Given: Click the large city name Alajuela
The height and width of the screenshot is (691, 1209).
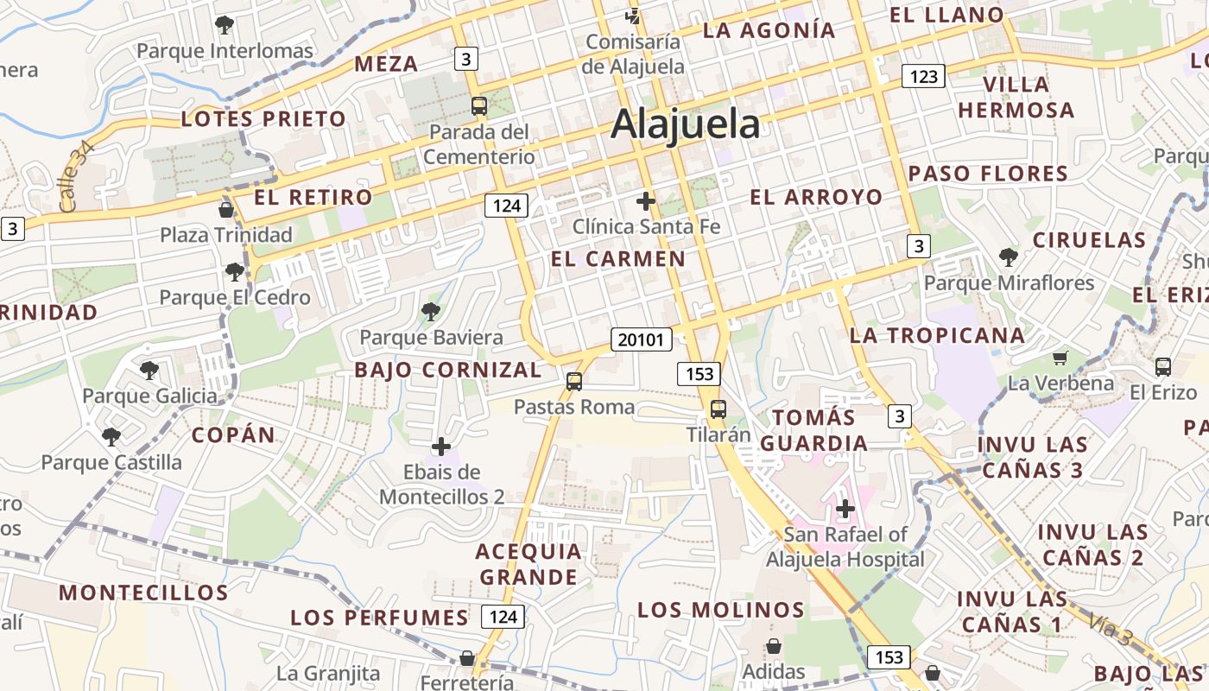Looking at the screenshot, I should tap(685, 124).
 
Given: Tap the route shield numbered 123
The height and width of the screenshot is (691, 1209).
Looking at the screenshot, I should tap(923, 76).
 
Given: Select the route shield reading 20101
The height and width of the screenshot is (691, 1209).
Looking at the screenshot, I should tap(641, 339).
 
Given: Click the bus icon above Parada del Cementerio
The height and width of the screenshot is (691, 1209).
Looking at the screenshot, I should tap(478, 106).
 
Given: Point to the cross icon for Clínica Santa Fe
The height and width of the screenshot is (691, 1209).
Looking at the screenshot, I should tap(645, 201).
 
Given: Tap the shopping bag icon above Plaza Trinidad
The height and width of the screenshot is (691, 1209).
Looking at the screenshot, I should tap(226, 210).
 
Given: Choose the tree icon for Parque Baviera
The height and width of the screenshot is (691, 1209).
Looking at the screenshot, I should tap(430, 312).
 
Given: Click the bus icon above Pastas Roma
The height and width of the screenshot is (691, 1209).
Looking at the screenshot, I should tap(573, 381).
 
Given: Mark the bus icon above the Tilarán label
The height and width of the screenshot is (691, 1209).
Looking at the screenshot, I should tap(718, 409).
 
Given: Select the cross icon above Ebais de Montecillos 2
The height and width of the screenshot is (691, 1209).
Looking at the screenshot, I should tap(441, 447).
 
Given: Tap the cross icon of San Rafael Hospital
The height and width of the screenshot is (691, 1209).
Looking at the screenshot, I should tap(845, 509).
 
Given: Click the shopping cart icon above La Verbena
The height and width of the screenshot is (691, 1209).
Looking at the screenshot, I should tap(1060, 358).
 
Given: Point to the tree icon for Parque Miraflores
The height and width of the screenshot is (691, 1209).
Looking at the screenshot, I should tap(1008, 257).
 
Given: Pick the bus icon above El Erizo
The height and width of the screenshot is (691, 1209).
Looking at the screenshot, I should tap(1162, 366).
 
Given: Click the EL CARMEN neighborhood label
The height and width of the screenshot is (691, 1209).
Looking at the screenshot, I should tap(618, 259).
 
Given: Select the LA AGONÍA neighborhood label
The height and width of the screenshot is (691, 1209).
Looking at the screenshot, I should tap(769, 30).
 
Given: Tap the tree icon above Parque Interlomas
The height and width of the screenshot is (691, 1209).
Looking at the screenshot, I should tap(225, 24).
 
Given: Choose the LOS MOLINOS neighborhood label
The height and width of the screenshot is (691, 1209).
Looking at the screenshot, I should tap(721, 610).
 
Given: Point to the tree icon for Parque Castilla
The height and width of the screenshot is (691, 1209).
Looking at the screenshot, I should tap(111, 436).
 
